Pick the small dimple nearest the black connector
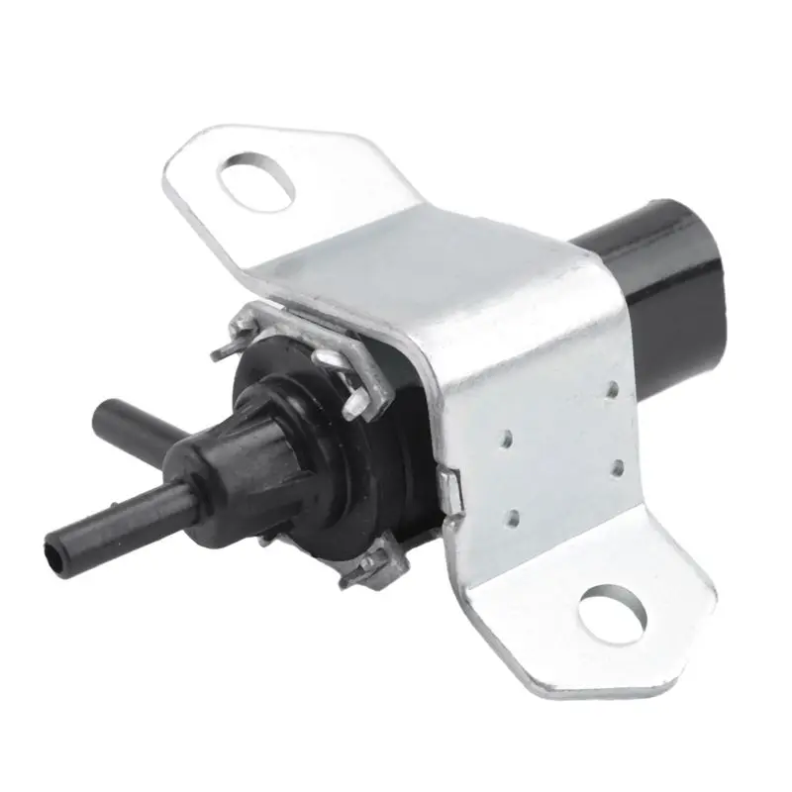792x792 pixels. [613, 390]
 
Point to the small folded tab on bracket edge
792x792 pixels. [452, 490]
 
